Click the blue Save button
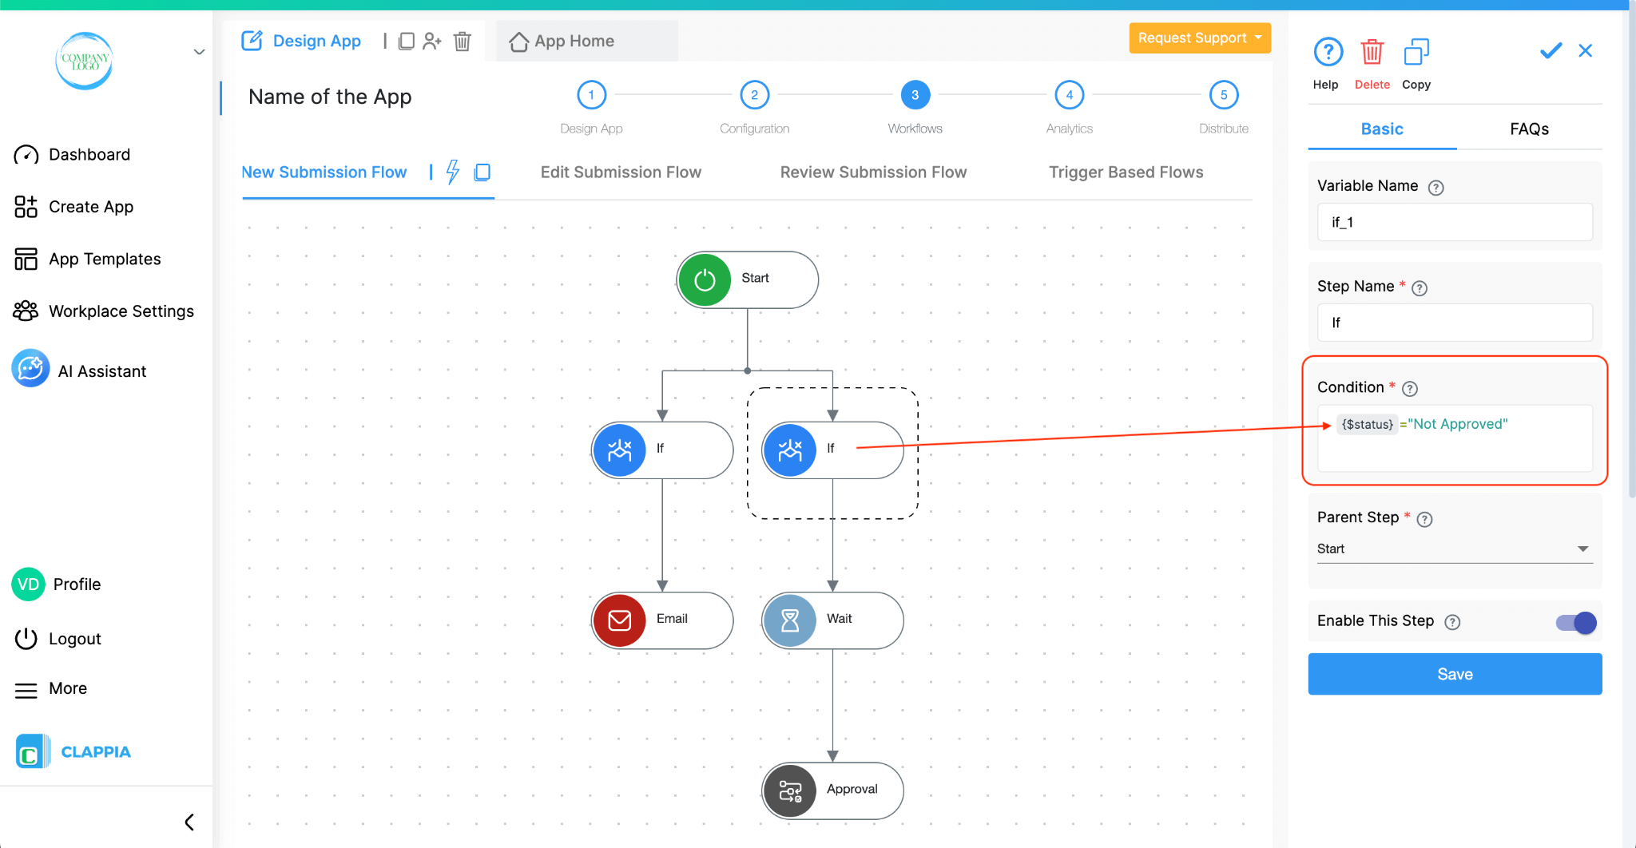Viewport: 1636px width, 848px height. (x=1454, y=674)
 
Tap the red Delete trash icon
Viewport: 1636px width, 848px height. (x=1372, y=53)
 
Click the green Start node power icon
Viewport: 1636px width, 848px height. (x=705, y=280)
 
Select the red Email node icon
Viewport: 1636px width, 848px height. (x=620, y=620)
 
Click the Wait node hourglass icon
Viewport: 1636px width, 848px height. (x=790, y=620)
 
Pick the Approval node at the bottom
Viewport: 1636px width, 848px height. (x=832, y=790)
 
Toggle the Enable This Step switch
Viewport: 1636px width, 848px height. (x=1575, y=622)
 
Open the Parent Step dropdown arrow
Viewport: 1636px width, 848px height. (x=1582, y=549)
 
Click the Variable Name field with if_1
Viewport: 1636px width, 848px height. (x=1454, y=222)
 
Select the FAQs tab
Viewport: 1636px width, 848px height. (x=1529, y=129)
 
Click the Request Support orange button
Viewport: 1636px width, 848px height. (x=1199, y=38)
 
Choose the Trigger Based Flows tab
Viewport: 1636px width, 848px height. (x=1126, y=172)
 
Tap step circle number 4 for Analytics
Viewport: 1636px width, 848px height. (x=1069, y=95)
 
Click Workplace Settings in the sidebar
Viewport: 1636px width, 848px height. (x=121, y=311)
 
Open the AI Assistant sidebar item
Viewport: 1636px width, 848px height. (x=101, y=371)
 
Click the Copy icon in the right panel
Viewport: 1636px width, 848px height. (x=1416, y=53)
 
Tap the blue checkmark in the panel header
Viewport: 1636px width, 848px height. (x=1551, y=51)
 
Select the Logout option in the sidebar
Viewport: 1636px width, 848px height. (x=74, y=639)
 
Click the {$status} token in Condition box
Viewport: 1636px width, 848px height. (x=1367, y=424)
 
